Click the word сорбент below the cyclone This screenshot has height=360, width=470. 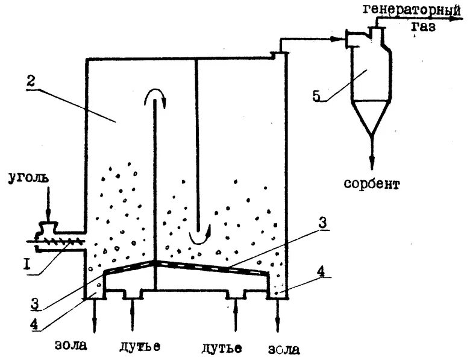(372, 183)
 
